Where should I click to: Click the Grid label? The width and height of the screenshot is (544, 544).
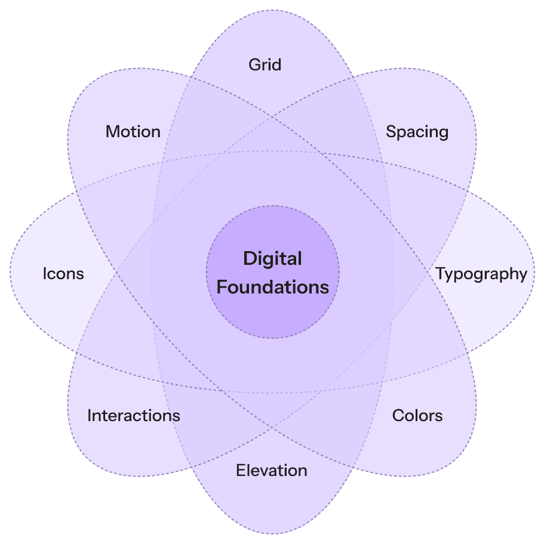coord(265,64)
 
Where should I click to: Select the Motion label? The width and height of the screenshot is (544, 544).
coord(133,131)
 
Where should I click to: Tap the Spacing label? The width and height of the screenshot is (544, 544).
coord(417,131)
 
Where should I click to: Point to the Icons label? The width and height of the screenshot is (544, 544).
coord(63,274)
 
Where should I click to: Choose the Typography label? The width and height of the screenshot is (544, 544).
coord(481,274)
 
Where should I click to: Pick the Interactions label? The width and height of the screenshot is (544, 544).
coord(134,415)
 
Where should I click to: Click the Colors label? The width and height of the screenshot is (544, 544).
coord(417,415)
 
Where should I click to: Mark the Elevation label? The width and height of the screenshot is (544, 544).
coord(272,470)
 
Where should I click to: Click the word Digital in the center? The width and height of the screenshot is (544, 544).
coord(272,259)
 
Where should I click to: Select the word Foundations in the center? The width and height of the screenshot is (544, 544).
coord(272,287)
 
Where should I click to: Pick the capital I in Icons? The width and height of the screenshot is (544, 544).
coord(45,274)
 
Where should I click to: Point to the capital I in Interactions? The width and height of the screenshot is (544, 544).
coord(90,415)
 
